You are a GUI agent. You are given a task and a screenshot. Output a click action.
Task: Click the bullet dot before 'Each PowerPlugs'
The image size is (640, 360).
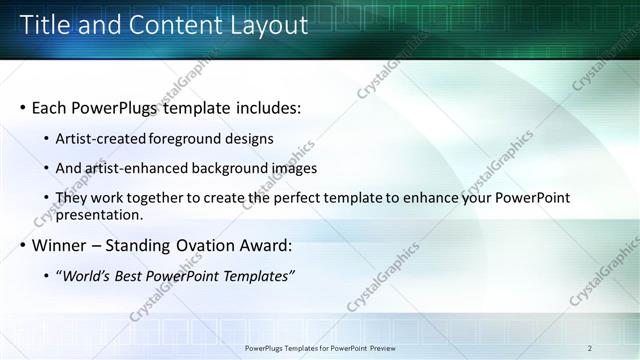(x=22, y=107)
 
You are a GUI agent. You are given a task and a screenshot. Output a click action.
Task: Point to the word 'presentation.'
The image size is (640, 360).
(x=99, y=214)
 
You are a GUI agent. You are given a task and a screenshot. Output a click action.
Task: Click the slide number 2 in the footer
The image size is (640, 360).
(x=590, y=348)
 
